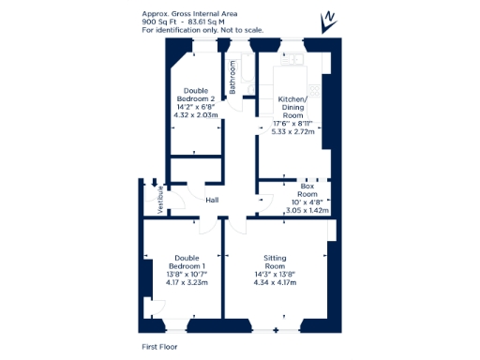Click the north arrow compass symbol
click(329, 18)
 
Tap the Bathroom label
click(232, 76)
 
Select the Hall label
click(212, 200)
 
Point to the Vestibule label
click(161, 199)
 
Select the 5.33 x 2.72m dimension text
click(292, 132)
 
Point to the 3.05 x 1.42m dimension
click(307, 211)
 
